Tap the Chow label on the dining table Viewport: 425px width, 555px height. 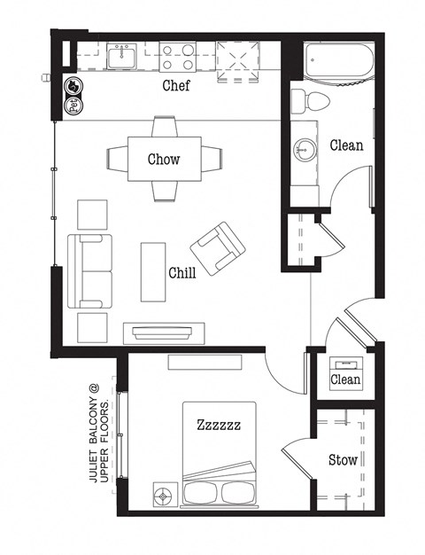coord(164,160)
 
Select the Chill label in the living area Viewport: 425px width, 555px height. coord(182,272)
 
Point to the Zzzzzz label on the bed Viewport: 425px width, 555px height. coord(219,426)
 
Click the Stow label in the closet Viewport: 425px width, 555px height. coord(343,460)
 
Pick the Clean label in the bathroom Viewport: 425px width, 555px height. coord(346,145)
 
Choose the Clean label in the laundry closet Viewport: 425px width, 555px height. coord(345,380)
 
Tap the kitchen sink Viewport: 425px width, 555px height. coord(120,58)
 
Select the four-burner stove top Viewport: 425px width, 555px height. coord(177,58)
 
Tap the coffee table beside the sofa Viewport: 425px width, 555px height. coord(151,271)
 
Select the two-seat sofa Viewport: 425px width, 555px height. coord(92,271)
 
